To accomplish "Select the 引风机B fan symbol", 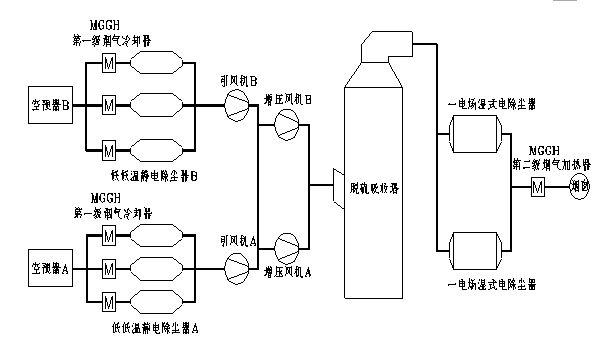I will click(237, 101).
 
